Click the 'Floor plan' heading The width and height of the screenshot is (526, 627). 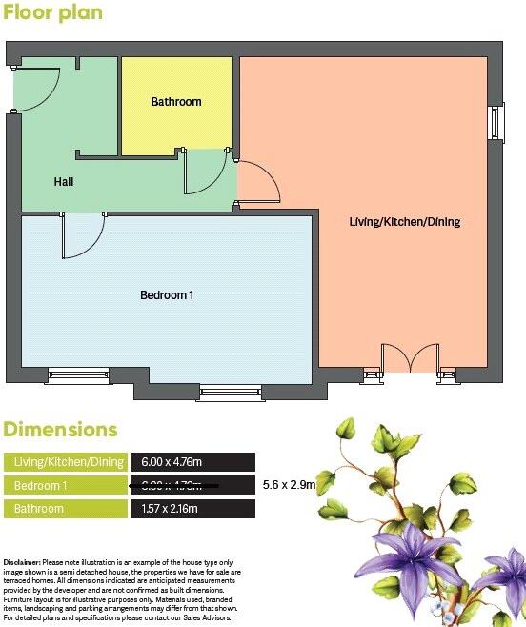click(x=53, y=14)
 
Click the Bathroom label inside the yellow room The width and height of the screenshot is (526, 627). click(x=176, y=102)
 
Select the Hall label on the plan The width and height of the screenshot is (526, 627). click(x=64, y=181)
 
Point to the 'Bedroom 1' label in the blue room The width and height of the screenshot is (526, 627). click(x=167, y=295)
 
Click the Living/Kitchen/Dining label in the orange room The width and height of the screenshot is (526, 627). click(x=404, y=222)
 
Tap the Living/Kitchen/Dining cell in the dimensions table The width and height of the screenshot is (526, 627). click(x=67, y=462)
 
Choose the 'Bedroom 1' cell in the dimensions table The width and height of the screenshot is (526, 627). click(x=67, y=486)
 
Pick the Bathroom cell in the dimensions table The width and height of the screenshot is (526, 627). click(x=67, y=509)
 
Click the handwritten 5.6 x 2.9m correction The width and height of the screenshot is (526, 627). click(x=289, y=485)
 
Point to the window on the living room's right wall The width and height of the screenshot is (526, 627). click(x=496, y=121)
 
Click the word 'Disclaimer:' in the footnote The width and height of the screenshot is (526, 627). click(x=22, y=563)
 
